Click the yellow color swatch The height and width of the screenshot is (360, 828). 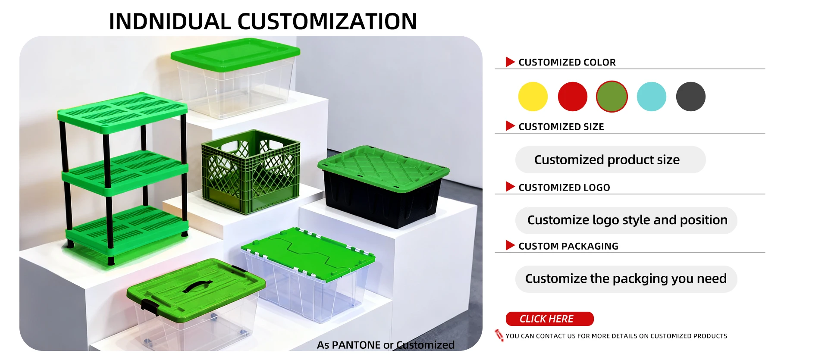coord(533,97)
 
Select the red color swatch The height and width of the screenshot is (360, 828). coord(572,97)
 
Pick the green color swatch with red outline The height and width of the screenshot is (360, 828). coord(612,97)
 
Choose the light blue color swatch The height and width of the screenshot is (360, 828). coord(651,97)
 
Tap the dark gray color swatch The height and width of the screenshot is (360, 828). coord(690,97)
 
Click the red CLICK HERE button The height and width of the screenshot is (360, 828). coord(549,319)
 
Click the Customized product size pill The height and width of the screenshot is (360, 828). coord(610,160)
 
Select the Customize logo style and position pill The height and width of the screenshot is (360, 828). coord(626,220)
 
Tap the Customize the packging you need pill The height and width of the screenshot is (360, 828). coord(626,279)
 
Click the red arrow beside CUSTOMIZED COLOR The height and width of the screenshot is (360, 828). coord(510,62)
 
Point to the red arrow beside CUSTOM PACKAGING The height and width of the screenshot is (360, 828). coord(510,246)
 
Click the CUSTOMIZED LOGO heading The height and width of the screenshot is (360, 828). coord(564,188)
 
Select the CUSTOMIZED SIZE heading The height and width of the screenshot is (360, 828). coord(561,127)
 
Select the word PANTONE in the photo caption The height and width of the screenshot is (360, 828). coord(356,345)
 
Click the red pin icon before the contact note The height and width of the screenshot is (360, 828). coord(499,335)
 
